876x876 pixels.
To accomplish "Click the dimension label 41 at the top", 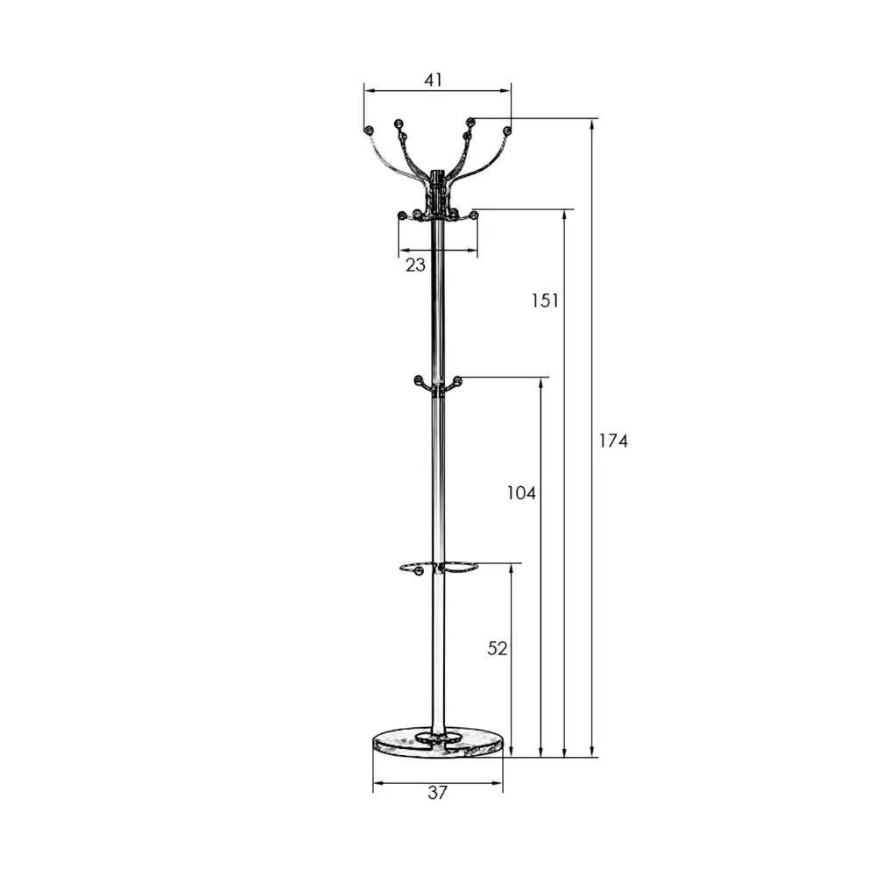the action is pos(433,80).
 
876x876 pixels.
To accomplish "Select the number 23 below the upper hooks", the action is pos(415,265).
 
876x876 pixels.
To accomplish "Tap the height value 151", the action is pos(545,300).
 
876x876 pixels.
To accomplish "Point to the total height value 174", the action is pos(613,441).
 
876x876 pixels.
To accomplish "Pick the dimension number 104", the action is pos(520,492).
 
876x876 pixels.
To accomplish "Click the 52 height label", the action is pos(498,648).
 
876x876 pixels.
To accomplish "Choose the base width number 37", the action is pos(437,792).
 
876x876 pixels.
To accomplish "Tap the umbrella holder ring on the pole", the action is pos(439,569).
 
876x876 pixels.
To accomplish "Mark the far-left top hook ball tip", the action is pos(368,131).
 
